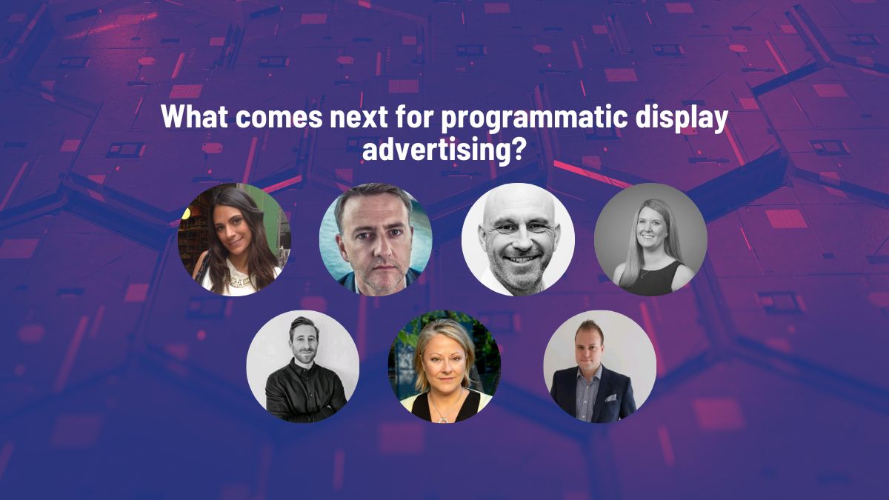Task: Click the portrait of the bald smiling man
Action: [x=518, y=239]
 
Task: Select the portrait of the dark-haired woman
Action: [x=234, y=239]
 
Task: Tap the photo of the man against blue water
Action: [x=376, y=239]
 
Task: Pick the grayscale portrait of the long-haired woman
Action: [x=650, y=239]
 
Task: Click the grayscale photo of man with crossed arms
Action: [x=303, y=367]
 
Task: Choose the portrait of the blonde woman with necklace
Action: [x=444, y=367]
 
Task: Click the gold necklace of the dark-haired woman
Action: [x=239, y=281]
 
